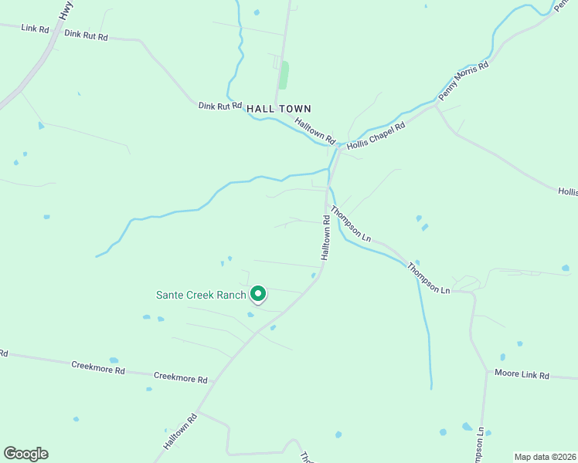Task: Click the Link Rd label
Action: click(36, 29)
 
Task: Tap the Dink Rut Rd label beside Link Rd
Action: click(86, 35)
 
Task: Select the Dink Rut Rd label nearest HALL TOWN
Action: click(220, 106)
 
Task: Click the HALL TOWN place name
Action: click(279, 109)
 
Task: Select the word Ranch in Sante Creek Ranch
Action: click(230, 295)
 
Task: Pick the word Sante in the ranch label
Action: click(170, 295)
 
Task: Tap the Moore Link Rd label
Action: click(522, 376)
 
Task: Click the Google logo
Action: click(25, 453)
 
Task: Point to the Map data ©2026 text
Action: click(545, 457)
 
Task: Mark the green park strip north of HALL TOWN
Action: click(284, 75)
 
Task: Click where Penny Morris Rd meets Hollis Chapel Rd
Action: click(435, 106)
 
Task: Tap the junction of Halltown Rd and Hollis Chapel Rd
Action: click(338, 147)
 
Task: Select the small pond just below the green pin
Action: click(250, 314)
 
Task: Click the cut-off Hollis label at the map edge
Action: click(567, 191)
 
